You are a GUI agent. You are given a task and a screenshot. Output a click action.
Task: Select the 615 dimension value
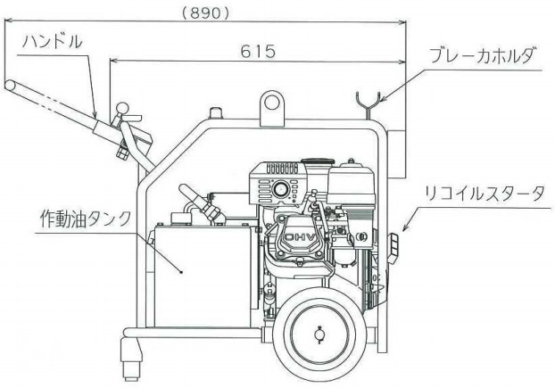(257, 52)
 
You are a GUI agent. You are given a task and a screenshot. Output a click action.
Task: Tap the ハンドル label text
(53, 42)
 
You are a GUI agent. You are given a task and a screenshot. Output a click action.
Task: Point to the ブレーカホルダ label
(483, 55)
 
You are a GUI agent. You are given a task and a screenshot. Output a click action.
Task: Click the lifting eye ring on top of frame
(269, 103)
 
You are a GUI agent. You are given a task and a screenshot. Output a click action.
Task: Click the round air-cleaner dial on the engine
(281, 188)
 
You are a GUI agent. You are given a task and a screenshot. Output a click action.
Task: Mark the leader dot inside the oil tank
(180, 272)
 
